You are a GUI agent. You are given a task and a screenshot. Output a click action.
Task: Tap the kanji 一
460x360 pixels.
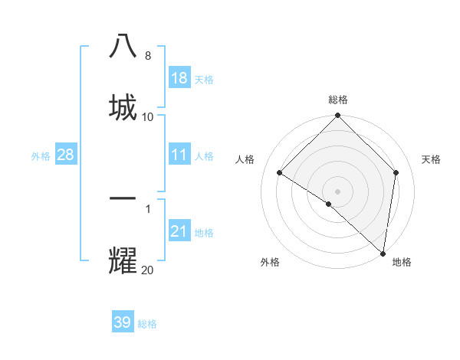(123, 198)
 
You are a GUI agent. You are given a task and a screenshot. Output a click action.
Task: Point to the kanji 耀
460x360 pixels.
(123, 259)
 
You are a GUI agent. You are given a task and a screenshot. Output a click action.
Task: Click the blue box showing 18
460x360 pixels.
(179, 78)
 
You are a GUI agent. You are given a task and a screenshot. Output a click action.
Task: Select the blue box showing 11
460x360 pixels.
(179, 155)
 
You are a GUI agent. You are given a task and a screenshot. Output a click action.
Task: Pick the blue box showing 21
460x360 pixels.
(179, 231)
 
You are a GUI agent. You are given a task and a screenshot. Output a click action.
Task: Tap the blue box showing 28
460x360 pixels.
(66, 155)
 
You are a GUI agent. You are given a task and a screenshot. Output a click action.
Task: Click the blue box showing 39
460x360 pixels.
(123, 322)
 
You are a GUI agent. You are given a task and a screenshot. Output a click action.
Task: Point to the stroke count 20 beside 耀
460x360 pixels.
(147, 269)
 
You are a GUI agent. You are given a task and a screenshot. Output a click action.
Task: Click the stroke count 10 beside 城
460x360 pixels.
(147, 116)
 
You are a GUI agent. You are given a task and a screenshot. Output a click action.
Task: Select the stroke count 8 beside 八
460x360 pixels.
(147, 56)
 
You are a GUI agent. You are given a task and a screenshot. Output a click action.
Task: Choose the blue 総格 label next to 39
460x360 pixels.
(147, 324)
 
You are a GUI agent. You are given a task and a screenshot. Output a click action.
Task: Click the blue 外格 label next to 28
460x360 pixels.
(41, 156)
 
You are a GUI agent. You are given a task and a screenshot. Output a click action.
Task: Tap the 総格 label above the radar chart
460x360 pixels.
(338, 100)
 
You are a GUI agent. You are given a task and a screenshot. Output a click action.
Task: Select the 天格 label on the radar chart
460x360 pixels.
(431, 159)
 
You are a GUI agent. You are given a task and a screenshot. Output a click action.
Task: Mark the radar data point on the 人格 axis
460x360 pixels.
(280, 173)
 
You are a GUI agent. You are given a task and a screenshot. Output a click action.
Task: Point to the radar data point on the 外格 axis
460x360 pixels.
(329, 204)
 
